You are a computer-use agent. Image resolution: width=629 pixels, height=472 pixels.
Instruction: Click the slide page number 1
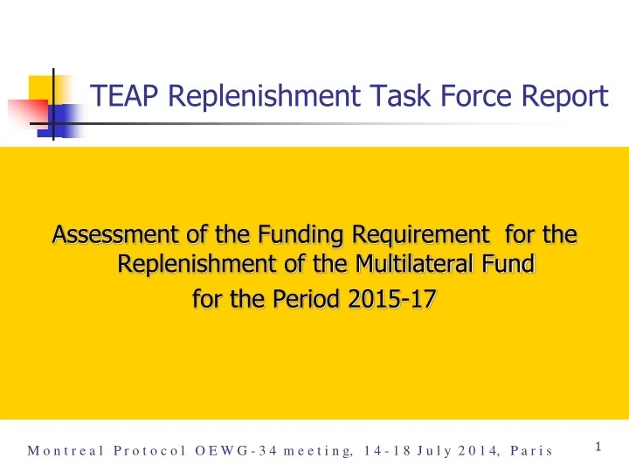coord(598,448)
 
